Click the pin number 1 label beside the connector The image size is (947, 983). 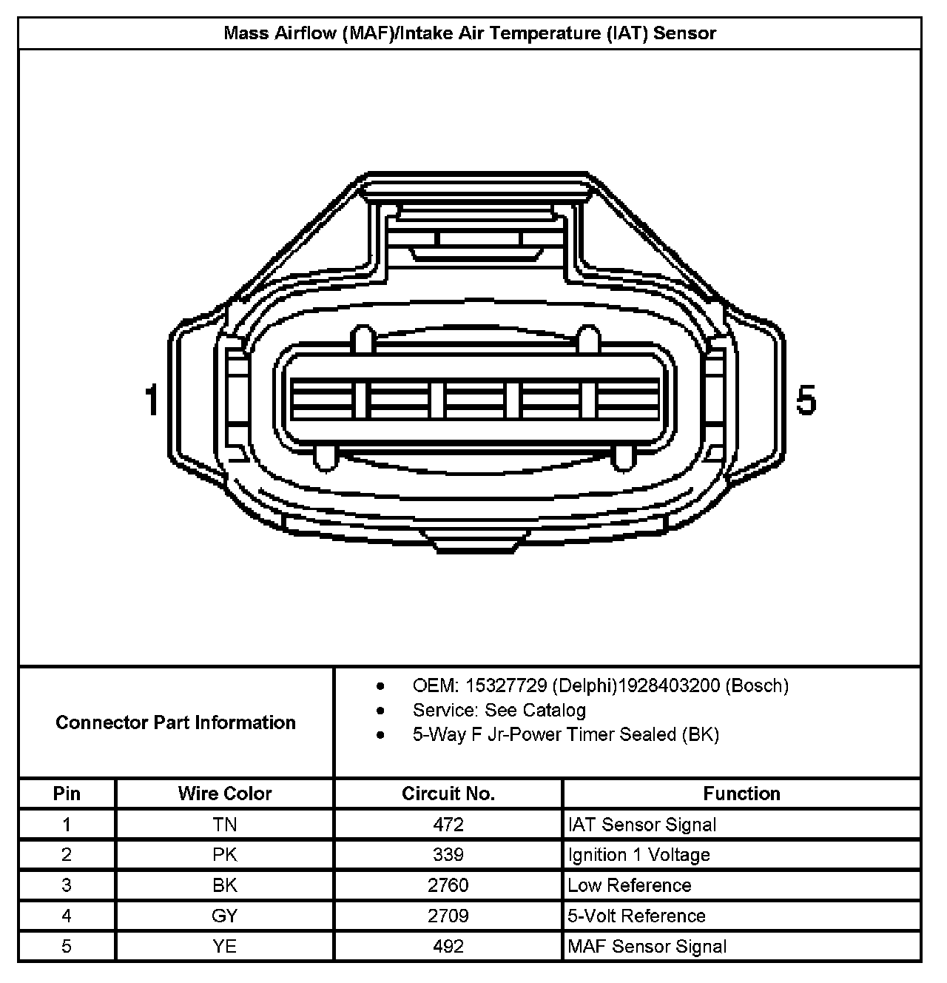(x=152, y=400)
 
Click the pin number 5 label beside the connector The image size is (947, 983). (x=806, y=400)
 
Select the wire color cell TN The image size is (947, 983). (x=224, y=825)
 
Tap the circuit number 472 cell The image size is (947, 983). (x=448, y=825)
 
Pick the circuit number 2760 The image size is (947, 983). (x=448, y=885)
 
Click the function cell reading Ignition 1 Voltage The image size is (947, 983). (x=638, y=855)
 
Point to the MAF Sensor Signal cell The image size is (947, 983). (x=647, y=946)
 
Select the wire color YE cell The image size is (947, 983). (x=224, y=946)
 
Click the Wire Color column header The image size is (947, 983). (x=224, y=794)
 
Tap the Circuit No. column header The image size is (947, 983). (x=448, y=794)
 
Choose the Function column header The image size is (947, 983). (x=741, y=794)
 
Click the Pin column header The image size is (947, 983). (x=67, y=794)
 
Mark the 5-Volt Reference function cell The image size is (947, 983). (x=636, y=916)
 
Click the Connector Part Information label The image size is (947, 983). (x=175, y=722)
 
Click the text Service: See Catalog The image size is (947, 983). (x=499, y=711)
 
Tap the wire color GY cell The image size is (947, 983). (x=224, y=916)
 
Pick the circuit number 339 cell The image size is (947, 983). (x=448, y=855)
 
